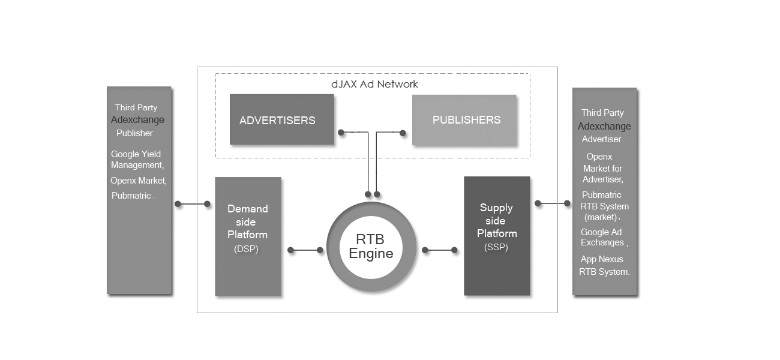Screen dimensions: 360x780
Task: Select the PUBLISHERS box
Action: click(464, 120)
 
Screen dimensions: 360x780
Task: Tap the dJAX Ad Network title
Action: click(374, 84)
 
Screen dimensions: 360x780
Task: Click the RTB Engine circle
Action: click(371, 247)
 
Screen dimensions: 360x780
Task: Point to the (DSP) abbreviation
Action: click(246, 249)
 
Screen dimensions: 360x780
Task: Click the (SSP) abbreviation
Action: click(496, 247)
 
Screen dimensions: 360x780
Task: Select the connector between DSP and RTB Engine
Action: click(305, 250)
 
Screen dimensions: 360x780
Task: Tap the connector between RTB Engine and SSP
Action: click(439, 250)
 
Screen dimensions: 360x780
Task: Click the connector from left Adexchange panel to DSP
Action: click(193, 204)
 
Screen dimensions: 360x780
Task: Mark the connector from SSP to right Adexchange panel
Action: click(553, 203)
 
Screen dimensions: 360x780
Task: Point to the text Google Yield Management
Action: click(136, 160)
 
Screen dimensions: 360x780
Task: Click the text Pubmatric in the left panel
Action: click(132, 196)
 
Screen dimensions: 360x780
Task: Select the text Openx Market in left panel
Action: click(138, 181)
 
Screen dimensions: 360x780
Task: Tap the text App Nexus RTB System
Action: click(604, 266)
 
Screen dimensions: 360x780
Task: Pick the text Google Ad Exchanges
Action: click(604, 238)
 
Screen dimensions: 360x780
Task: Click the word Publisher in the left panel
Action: click(134, 133)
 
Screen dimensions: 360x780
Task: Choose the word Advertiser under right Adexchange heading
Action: click(601, 139)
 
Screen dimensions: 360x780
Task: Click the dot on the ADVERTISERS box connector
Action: click(341, 133)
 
